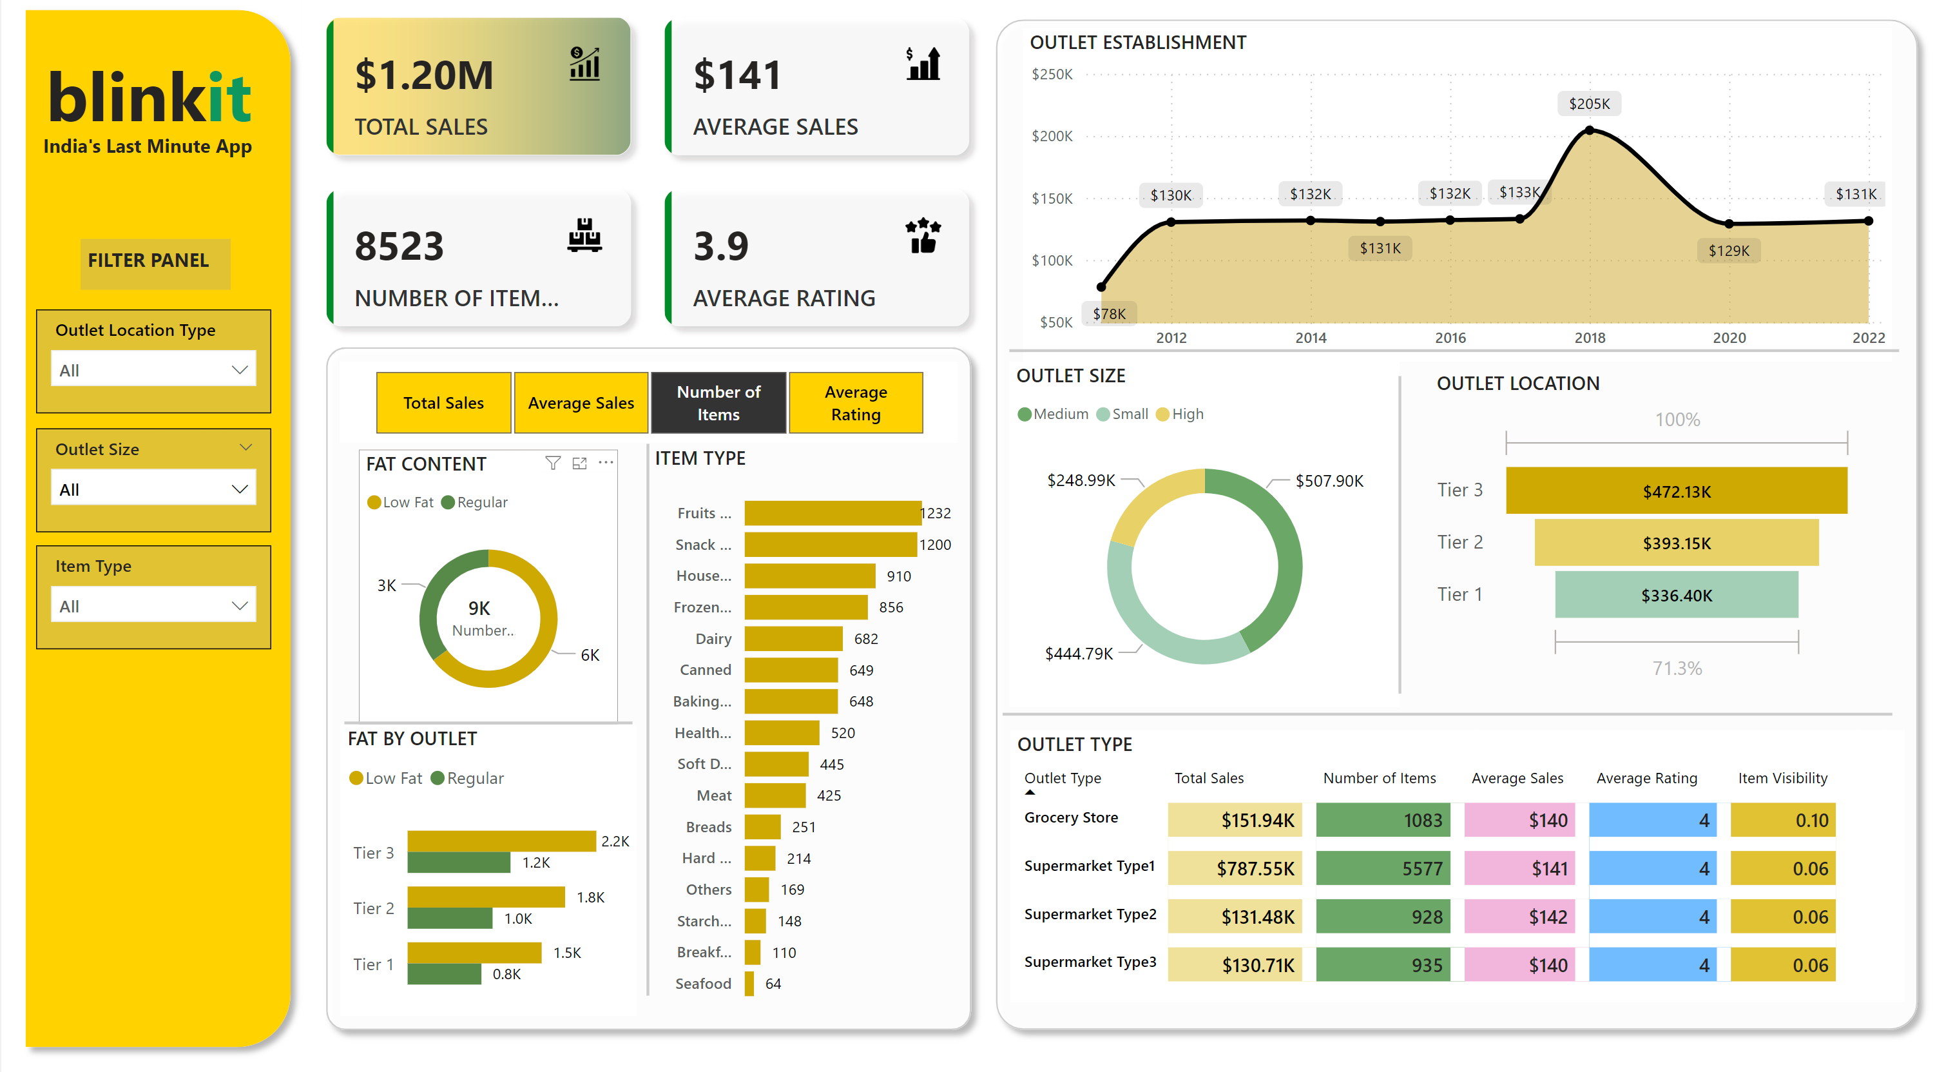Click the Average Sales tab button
[x=581, y=402]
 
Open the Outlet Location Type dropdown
[x=153, y=370]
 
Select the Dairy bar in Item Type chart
[x=793, y=638]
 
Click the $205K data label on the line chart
[x=1588, y=104]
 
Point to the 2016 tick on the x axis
[x=1450, y=338]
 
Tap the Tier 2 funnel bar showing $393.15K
[x=1676, y=543]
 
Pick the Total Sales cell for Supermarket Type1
[x=1235, y=868]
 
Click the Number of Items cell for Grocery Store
[x=1382, y=820]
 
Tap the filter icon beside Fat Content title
[x=552, y=463]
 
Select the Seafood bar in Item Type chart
[x=749, y=983]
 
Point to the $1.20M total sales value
[x=424, y=75]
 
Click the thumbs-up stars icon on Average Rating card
[x=923, y=235]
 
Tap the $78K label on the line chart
[x=1109, y=313]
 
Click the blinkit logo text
[x=149, y=97]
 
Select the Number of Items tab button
[x=718, y=402]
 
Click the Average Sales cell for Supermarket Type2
[x=1519, y=917]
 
